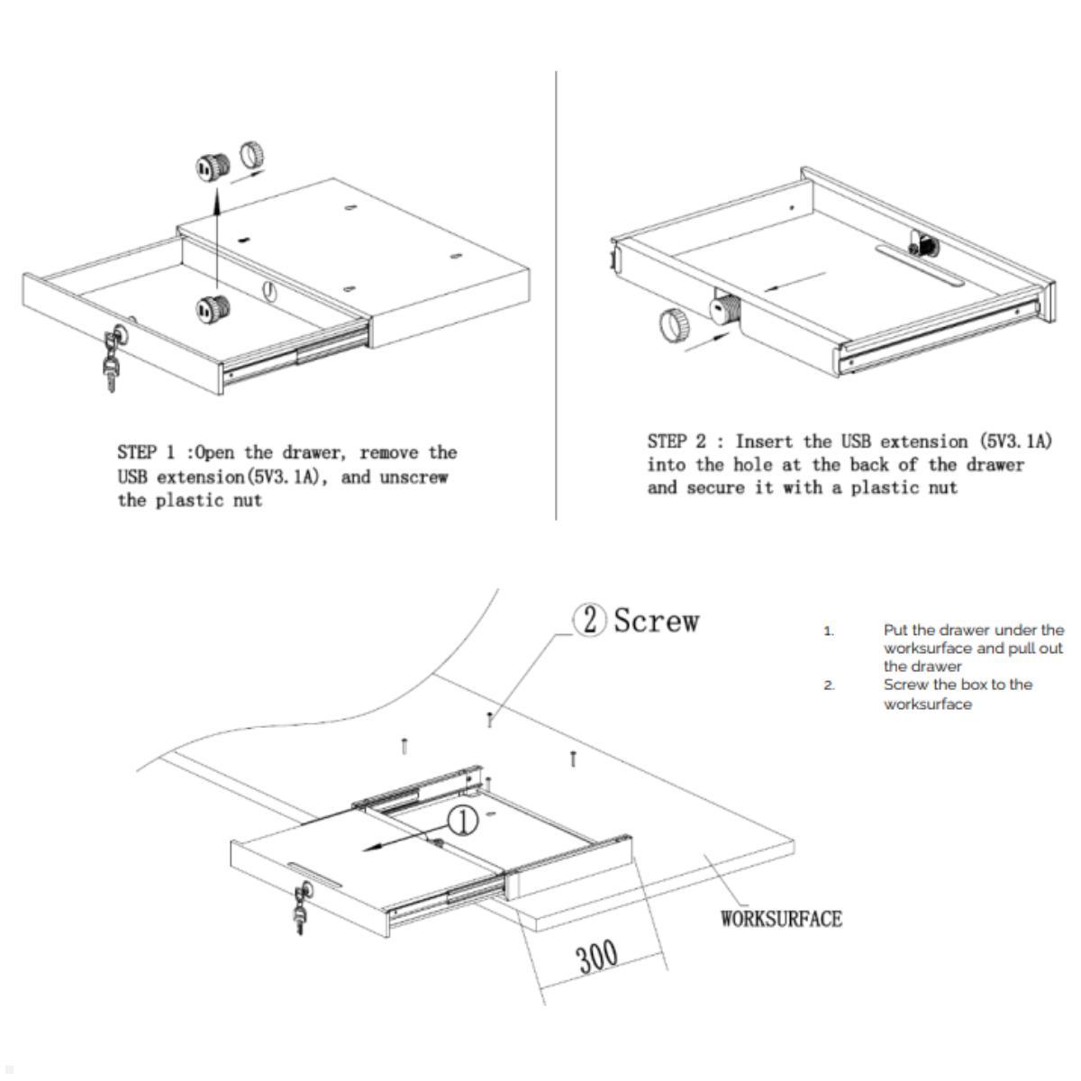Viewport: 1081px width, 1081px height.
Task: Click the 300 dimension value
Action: pyautogui.click(x=598, y=957)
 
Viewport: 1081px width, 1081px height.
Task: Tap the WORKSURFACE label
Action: pyautogui.click(x=781, y=919)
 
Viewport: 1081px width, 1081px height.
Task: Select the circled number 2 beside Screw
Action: pyautogui.click(x=590, y=621)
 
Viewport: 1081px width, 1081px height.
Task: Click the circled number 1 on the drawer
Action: pyautogui.click(x=463, y=821)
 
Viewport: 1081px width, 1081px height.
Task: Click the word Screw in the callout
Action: pyautogui.click(x=656, y=621)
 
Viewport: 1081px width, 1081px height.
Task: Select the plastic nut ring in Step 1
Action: pyautogui.click(x=253, y=156)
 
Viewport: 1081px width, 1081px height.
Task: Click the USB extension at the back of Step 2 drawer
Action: pyautogui.click(x=922, y=243)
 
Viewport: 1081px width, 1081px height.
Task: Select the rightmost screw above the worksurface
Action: pyautogui.click(x=572, y=759)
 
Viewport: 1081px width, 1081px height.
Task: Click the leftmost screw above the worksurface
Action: pyautogui.click(x=404, y=746)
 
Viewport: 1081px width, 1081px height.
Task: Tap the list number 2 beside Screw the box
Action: pyautogui.click(x=829, y=686)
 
